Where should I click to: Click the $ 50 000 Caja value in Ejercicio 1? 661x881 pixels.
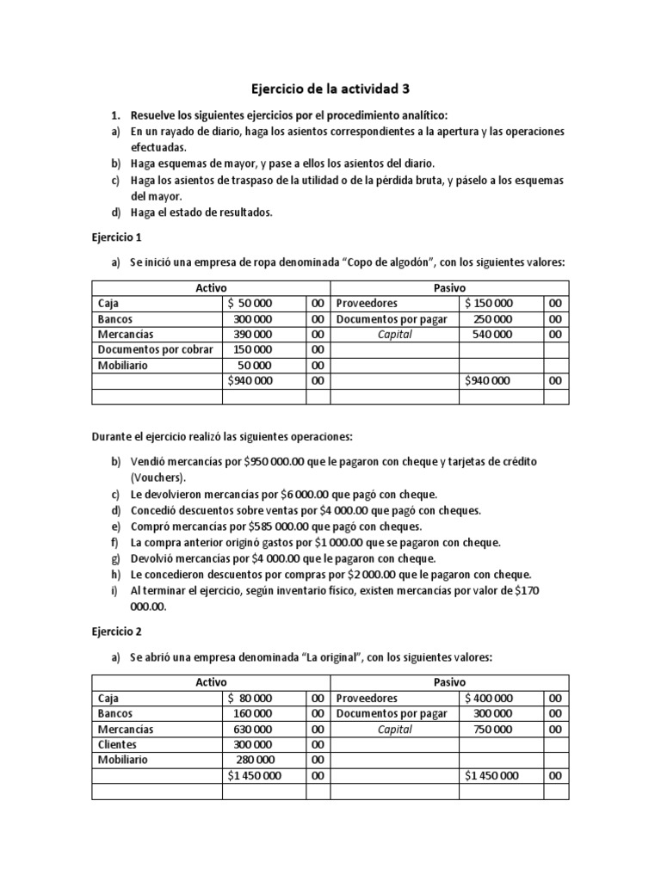coord(250,303)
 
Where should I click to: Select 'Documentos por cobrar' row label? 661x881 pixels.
coord(156,349)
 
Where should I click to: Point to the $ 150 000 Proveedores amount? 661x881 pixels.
coord(490,303)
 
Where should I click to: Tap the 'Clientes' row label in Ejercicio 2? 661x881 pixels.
coord(119,744)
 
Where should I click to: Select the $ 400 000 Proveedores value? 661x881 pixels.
coord(490,698)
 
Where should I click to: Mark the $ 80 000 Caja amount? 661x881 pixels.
coord(250,698)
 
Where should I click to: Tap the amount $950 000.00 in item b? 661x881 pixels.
coord(256,462)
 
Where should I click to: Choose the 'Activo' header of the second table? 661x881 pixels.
coord(211,682)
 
